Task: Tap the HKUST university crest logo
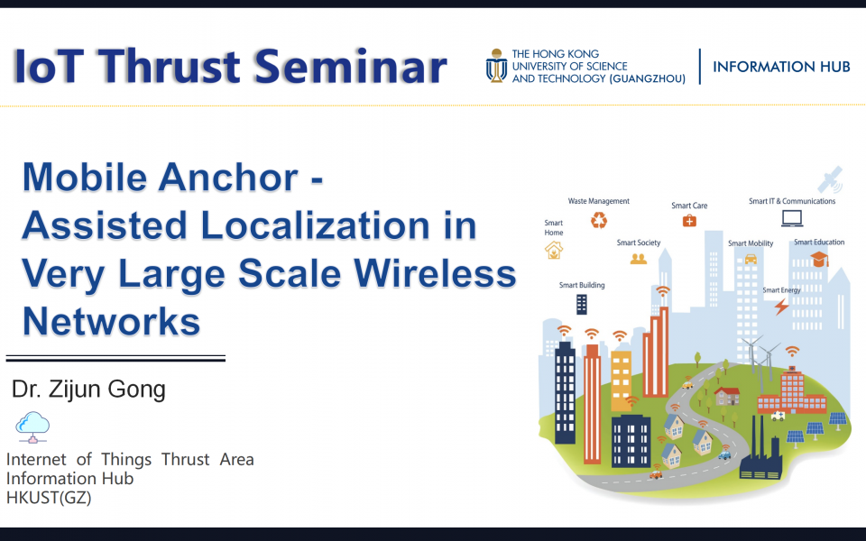496,66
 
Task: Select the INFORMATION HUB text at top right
781,67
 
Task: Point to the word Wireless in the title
419,273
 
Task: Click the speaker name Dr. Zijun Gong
88,390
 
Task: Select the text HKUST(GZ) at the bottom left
49,497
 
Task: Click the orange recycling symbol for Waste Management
599,219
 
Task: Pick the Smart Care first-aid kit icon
689,220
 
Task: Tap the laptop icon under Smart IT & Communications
792,217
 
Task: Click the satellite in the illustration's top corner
830,179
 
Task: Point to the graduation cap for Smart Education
819,260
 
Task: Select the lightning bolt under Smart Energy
781,307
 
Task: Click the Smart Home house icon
554,250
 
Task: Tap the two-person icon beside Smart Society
639,259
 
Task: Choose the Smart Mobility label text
751,243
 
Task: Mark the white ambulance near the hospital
778,416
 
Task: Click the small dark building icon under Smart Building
582,304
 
